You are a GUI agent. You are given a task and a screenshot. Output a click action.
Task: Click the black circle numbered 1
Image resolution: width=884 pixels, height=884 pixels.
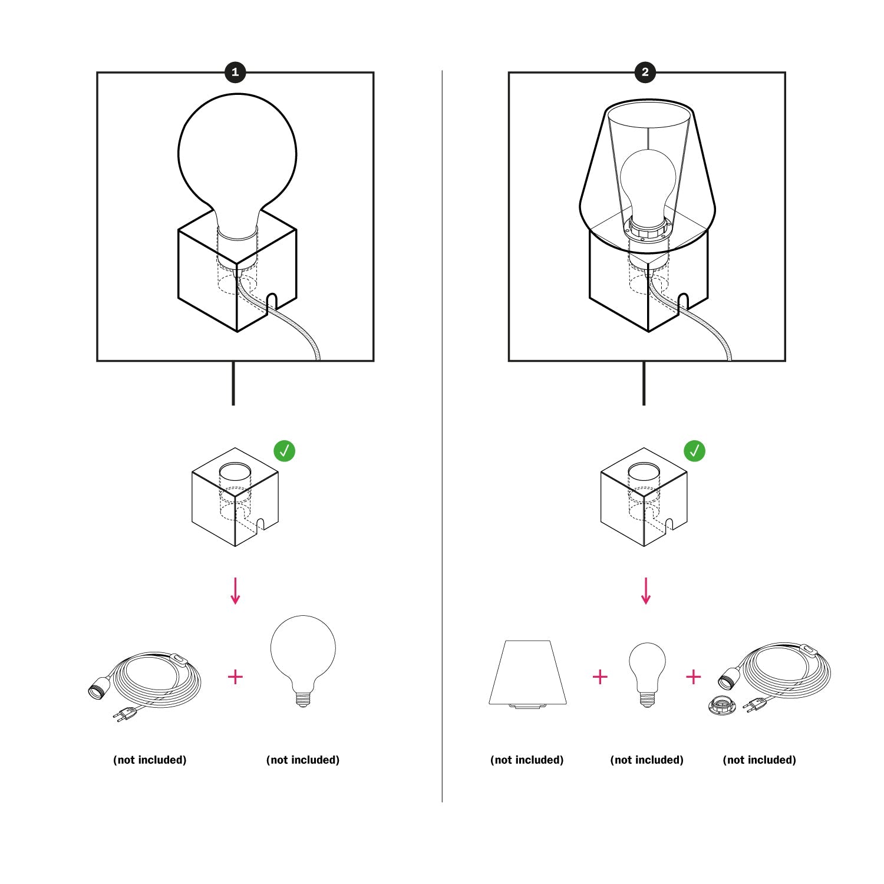click(x=235, y=72)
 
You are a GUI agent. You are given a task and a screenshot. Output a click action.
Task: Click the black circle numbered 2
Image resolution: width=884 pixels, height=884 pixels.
click(x=645, y=72)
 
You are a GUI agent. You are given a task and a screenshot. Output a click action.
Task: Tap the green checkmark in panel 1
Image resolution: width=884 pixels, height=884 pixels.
click(x=284, y=451)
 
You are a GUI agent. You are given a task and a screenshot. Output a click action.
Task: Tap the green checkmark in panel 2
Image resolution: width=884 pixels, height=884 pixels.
click(x=695, y=451)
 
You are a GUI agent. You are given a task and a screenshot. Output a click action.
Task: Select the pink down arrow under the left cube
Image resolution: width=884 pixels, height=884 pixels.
click(x=235, y=591)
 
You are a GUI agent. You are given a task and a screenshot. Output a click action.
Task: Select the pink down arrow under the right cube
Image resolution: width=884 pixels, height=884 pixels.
click(x=646, y=591)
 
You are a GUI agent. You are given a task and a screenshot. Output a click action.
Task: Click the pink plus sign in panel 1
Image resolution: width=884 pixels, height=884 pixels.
click(x=235, y=677)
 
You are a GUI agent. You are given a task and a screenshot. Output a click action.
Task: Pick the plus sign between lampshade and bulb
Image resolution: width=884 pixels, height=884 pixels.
click(x=599, y=677)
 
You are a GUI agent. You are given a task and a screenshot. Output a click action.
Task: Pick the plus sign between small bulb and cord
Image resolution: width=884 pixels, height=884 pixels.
click(x=694, y=677)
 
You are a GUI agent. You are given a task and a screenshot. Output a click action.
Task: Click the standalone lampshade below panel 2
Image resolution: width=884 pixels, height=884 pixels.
click(x=527, y=673)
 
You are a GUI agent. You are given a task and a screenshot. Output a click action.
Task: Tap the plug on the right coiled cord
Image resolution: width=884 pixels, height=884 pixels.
click(x=754, y=705)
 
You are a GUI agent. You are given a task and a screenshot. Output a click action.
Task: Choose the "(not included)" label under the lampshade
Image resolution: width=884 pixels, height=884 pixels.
click(x=527, y=760)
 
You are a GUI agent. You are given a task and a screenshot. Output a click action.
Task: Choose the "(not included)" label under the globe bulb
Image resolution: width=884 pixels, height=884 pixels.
click(x=303, y=760)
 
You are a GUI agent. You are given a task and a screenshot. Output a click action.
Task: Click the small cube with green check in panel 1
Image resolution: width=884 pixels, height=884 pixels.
click(x=235, y=497)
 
